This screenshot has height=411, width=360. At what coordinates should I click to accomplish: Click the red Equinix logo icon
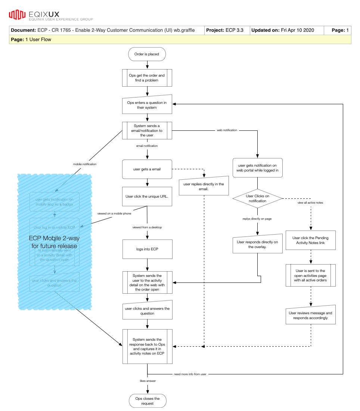click(x=17, y=15)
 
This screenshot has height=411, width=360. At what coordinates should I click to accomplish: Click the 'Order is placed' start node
click(x=147, y=54)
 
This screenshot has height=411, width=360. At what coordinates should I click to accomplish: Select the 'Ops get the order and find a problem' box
click(x=147, y=78)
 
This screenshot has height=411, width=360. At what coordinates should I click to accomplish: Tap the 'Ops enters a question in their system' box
click(x=147, y=105)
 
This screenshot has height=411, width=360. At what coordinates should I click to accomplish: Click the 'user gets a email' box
click(x=147, y=169)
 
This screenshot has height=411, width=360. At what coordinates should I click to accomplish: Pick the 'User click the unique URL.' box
click(x=147, y=196)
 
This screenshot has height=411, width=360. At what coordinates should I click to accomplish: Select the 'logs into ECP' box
click(x=147, y=249)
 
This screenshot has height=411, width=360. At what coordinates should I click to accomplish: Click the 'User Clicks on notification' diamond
click(x=257, y=198)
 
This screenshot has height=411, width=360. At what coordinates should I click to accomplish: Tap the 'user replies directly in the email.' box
click(x=204, y=186)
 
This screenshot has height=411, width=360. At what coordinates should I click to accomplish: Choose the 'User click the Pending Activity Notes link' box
click(x=311, y=240)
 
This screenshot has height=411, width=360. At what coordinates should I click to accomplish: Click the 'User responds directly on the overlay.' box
click(x=257, y=245)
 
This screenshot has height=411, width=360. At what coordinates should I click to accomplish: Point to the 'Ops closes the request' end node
click(x=147, y=401)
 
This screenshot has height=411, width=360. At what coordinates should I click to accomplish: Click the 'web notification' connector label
click(x=227, y=130)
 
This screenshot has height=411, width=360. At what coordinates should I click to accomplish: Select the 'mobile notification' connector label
click(x=84, y=164)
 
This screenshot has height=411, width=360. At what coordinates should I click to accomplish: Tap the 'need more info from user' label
click(x=190, y=374)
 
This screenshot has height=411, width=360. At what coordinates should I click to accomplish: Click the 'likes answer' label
click(x=148, y=381)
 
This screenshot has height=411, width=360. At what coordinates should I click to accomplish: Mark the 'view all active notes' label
click(x=310, y=203)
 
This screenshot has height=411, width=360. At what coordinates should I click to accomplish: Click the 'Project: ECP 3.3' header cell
click(x=227, y=30)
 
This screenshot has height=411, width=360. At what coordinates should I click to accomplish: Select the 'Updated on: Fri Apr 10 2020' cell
click(x=282, y=30)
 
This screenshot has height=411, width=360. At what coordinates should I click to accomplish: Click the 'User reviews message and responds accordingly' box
click(x=311, y=315)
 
